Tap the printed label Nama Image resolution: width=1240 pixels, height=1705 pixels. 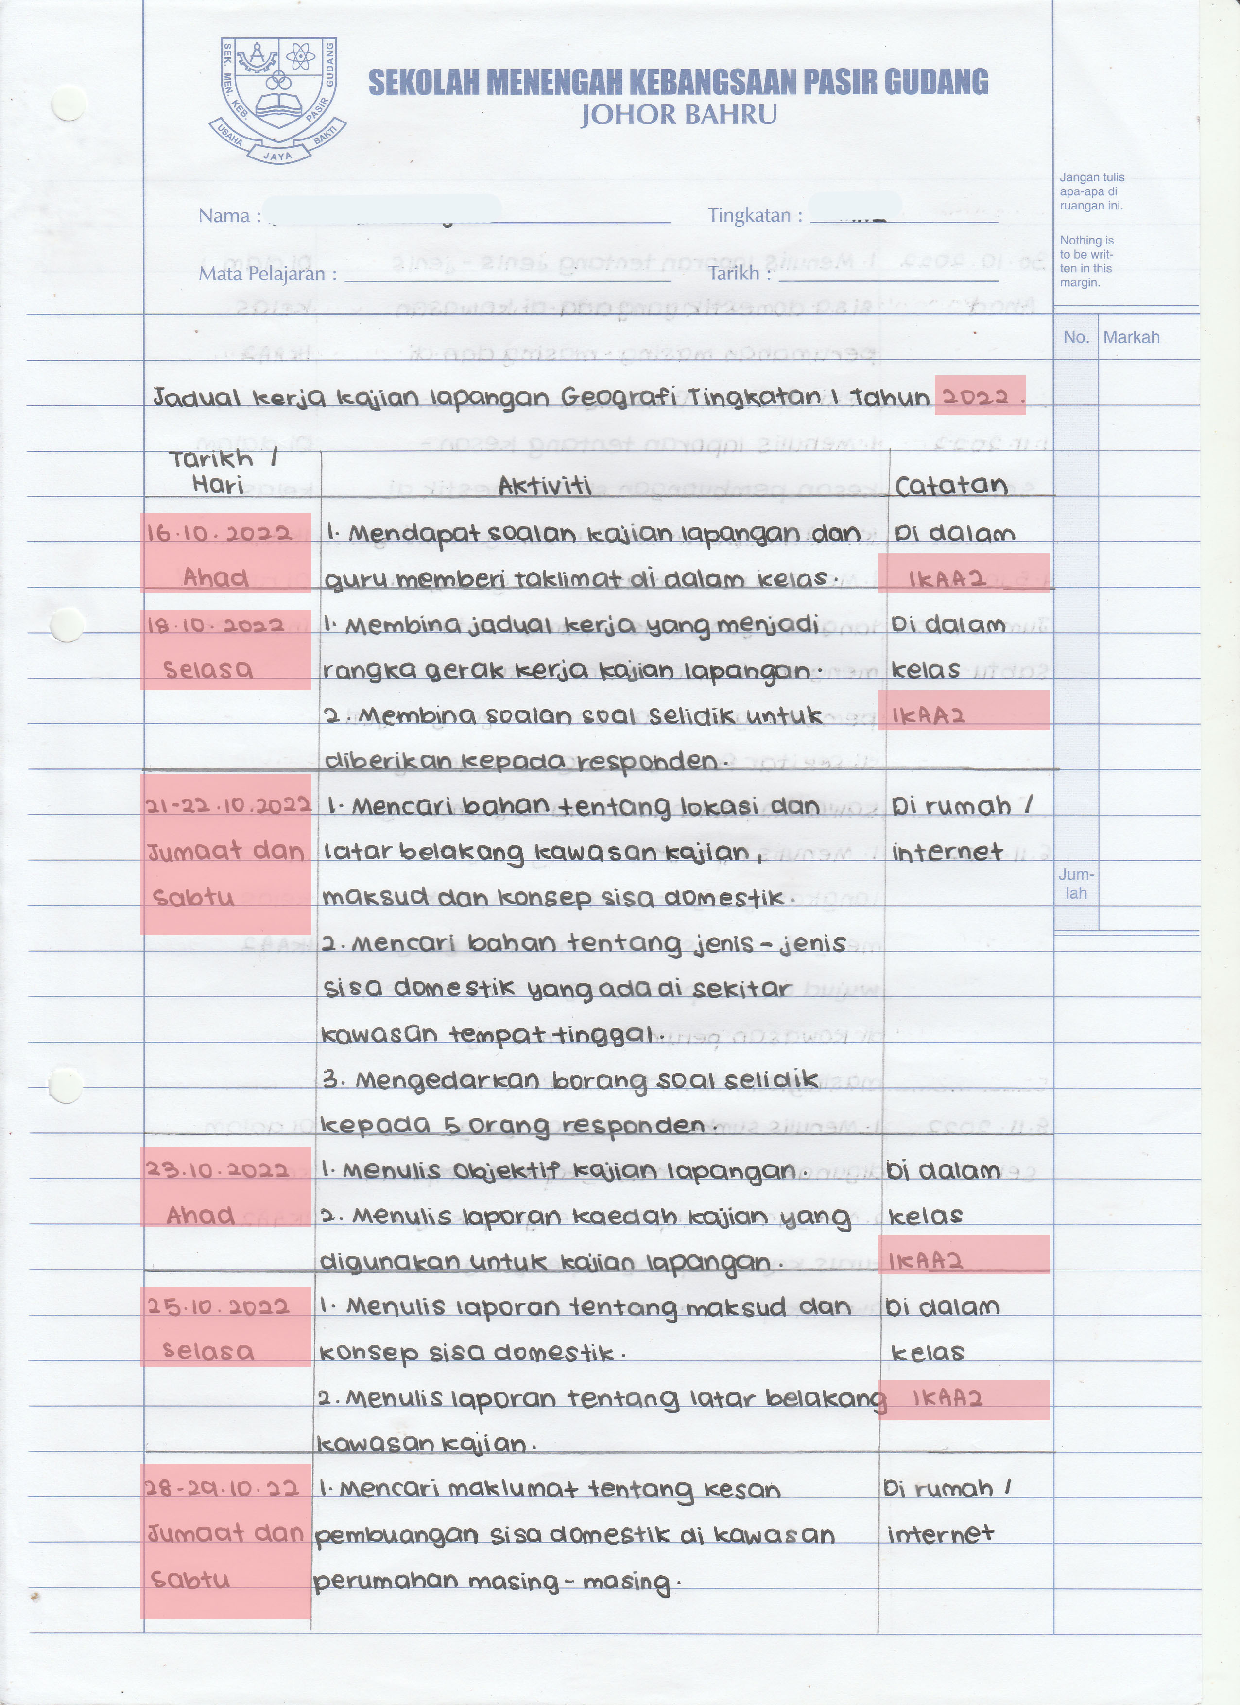pyautogui.click(x=224, y=216)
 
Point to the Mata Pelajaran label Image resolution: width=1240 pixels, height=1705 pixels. pyautogui.click(x=261, y=274)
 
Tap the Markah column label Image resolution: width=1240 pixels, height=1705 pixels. pyautogui.click(x=1131, y=337)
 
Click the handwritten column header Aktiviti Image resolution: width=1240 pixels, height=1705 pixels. pyautogui.click(x=544, y=487)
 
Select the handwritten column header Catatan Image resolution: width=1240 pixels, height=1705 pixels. pyautogui.click(x=951, y=486)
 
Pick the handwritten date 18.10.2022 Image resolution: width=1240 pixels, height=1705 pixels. pyautogui.click(x=216, y=626)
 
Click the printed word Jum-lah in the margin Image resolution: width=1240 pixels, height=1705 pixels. pyautogui.click(x=1076, y=884)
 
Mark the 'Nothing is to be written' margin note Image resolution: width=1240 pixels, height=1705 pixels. pyautogui.click(x=1086, y=261)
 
